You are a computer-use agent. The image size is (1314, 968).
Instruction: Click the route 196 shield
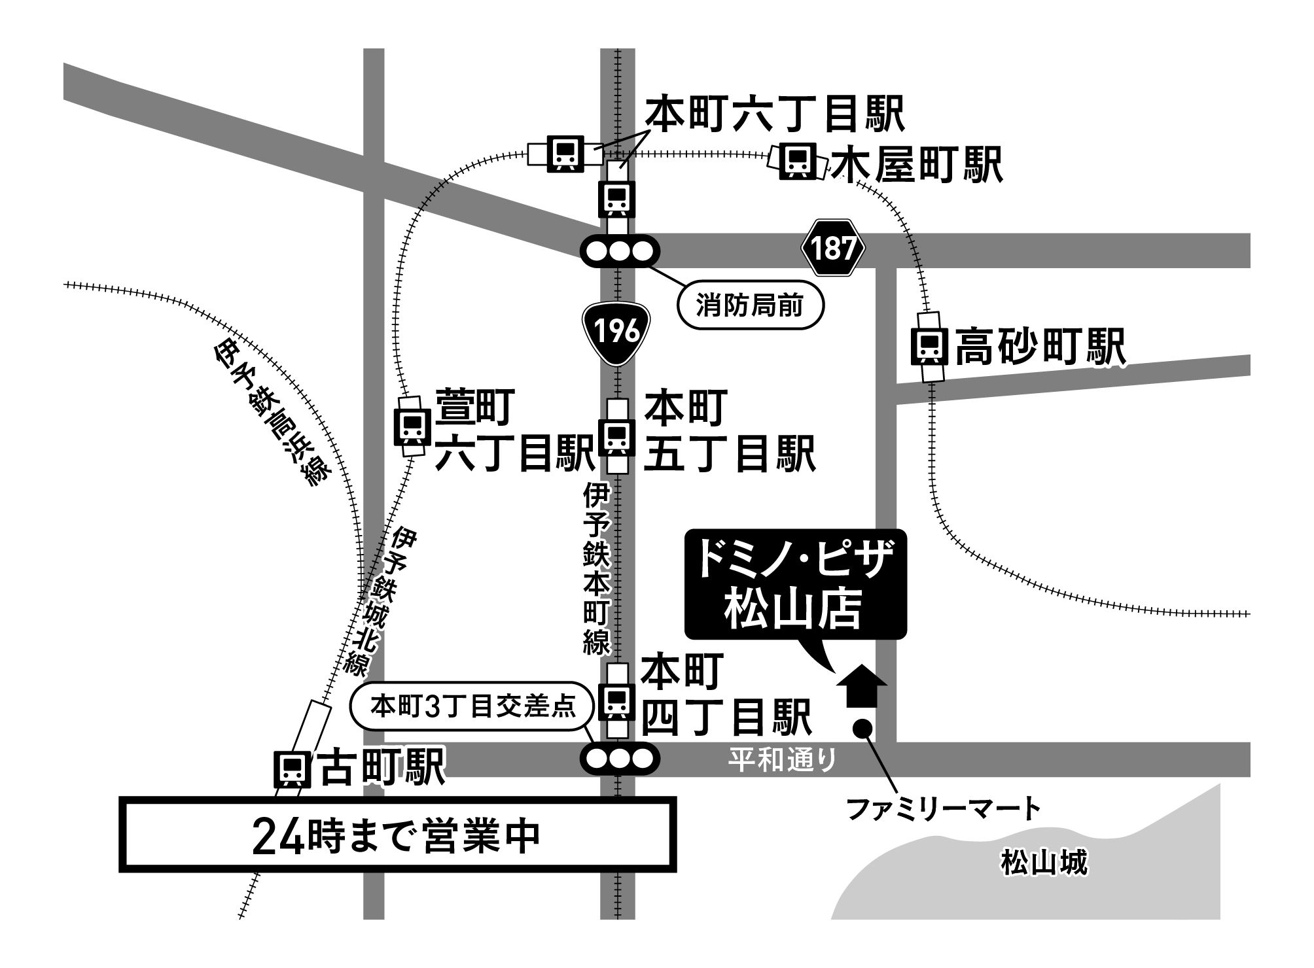616,332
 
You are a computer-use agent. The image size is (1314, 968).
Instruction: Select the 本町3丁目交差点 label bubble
472,707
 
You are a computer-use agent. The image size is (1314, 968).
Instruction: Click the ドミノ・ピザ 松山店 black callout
795,583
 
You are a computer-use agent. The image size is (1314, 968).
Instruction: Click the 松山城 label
1044,863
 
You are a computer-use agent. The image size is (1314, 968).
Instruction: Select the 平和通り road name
783,760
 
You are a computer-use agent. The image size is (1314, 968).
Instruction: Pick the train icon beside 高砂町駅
929,347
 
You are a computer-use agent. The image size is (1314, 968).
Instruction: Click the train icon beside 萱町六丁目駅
412,426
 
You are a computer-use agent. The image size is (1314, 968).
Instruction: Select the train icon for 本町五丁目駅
616,436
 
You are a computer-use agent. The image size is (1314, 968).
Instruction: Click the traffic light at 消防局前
620,251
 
